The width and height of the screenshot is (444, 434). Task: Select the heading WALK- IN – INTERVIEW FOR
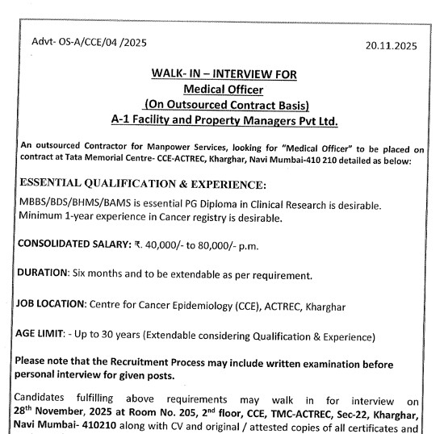pos(224,74)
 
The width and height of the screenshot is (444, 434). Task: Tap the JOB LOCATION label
pos(55,307)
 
